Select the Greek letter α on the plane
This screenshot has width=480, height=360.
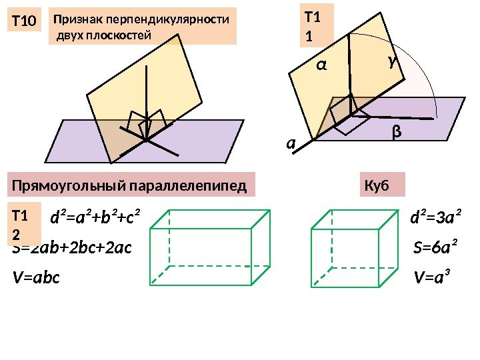coord(321,65)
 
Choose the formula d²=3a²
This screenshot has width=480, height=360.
coord(437,217)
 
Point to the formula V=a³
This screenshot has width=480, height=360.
coord(432,277)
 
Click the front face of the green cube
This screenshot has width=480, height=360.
coord(345,257)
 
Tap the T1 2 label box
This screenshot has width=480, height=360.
coord(23,224)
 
